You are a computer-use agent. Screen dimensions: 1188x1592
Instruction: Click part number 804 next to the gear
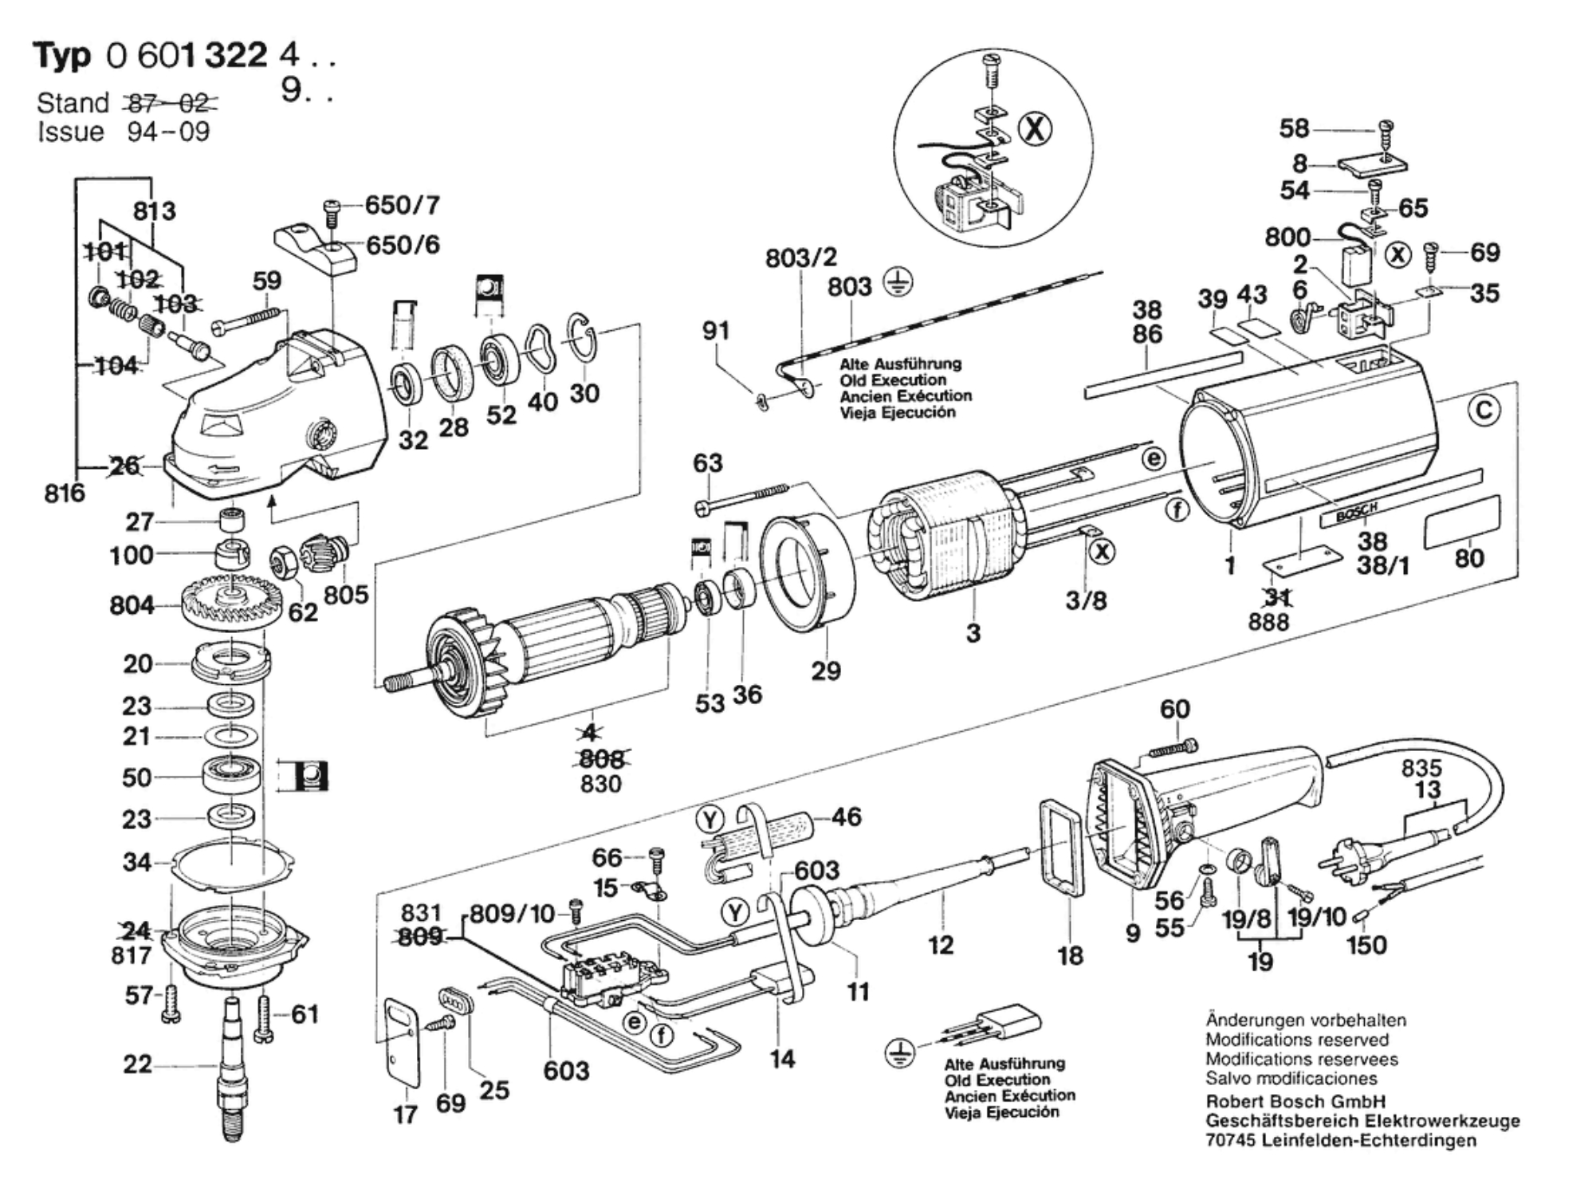(x=132, y=605)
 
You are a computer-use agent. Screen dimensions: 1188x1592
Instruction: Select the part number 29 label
(x=826, y=671)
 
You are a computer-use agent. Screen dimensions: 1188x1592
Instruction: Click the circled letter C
(x=1484, y=411)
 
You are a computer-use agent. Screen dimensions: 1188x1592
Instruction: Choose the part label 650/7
(x=402, y=206)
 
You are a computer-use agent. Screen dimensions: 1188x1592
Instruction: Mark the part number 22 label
(x=137, y=1064)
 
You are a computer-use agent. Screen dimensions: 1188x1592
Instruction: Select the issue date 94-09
(x=168, y=132)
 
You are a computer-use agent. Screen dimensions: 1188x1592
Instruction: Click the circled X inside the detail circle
(x=1036, y=129)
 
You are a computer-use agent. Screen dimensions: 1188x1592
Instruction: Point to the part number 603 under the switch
(x=566, y=1071)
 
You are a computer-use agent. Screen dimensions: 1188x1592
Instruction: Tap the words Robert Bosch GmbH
(x=1295, y=1102)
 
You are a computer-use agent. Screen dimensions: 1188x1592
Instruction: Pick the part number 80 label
(x=1469, y=558)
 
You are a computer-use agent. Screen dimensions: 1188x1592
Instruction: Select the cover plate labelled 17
(x=403, y=1040)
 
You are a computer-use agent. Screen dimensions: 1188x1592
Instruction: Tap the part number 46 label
(x=846, y=816)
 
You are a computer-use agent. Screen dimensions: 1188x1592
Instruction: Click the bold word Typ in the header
(x=62, y=56)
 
